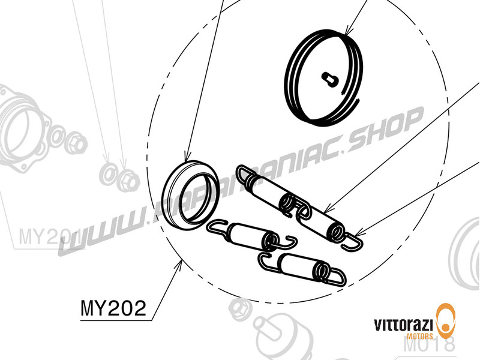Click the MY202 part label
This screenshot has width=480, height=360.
pyautogui.click(x=113, y=308)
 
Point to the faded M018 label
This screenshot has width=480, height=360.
pyautogui.click(x=429, y=345)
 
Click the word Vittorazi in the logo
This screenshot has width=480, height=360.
pyautogui.click(x=402, y=325)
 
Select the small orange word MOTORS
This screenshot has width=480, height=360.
pyautogui.click(x=420, y=338)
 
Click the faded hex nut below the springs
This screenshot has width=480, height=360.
pyautogui.click(x=240, y=310)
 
